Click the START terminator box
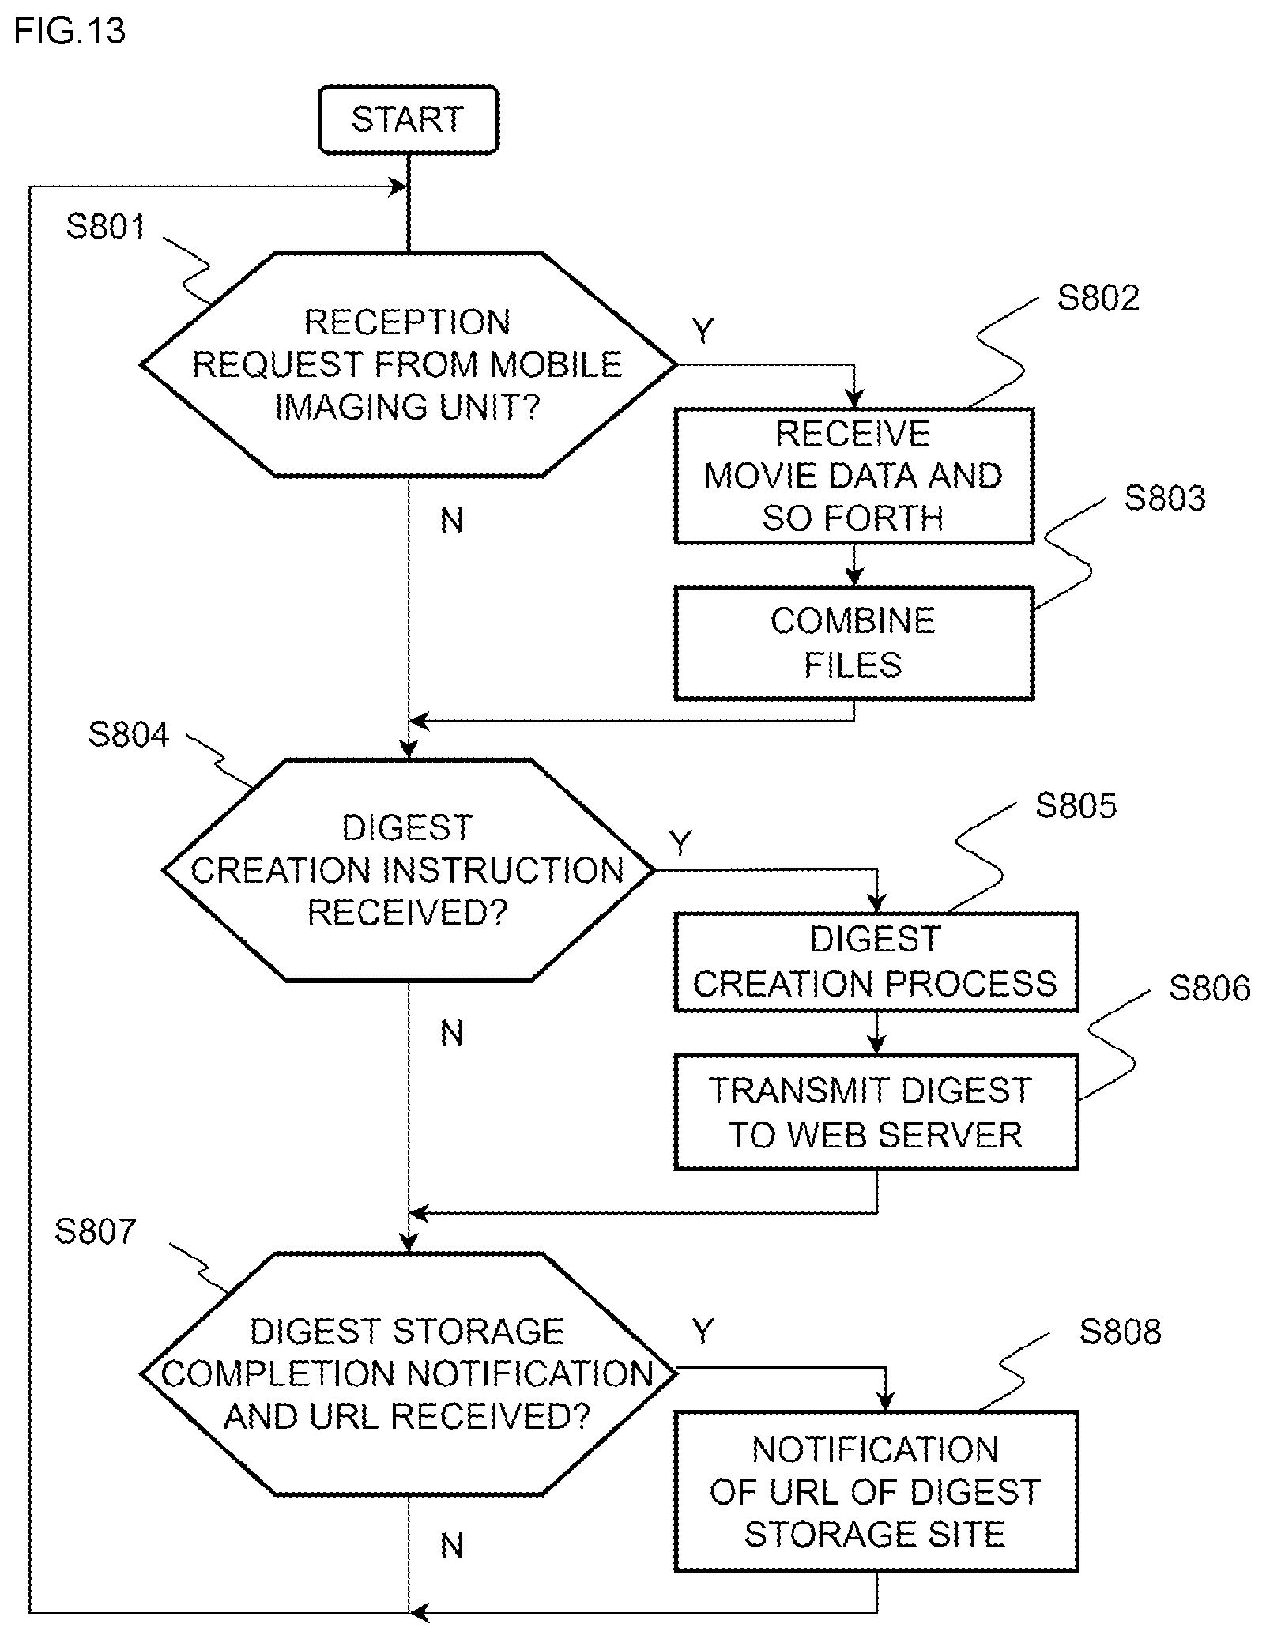click(408, 119)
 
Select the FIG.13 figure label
click(70, 32)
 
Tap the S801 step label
click(105, 227)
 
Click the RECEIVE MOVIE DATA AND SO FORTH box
click(853, 476)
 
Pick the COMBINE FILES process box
click(853, 642)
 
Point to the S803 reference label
click(1165, 499)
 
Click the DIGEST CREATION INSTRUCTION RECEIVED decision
click(408, 870)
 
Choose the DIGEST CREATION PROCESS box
click(876, 962)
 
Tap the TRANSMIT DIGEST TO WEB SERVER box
click(876, 1112)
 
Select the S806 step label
click(1209, 989)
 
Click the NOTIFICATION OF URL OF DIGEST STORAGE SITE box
click(876, 1491)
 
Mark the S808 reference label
click(1120, 1332)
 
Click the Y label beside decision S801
click(703, 330)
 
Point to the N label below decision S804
click(451, 1033)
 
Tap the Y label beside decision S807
click(703, 1332)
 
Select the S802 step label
click(1098, 298)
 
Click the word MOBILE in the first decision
click(556, 364)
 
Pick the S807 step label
click(96, 1231)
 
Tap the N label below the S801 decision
click(451, 520)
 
